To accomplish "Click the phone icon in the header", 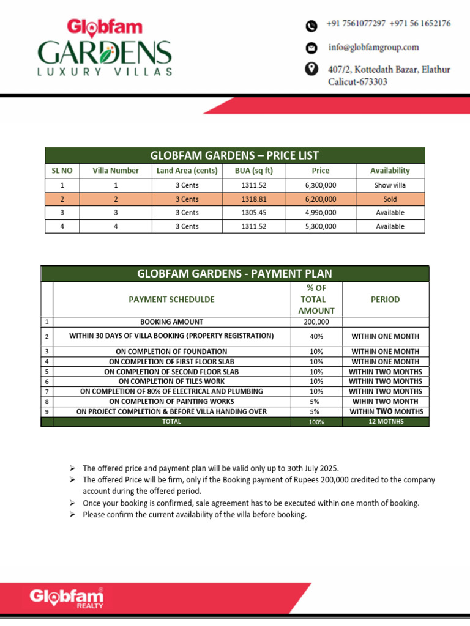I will (x=311, y=26).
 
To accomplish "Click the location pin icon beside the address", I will (x=311, y=68).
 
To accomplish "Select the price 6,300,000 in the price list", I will (x=320, y=185).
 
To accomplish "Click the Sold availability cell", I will (x=390, y=199).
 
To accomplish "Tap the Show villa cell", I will (x=390, y=185).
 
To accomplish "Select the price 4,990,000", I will (x=320, y=213).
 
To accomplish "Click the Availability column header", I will (x=390, y=171).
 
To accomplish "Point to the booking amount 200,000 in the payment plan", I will (x=316, y=322).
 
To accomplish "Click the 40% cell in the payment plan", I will (x=316, y=336).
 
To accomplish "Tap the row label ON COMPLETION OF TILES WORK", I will (x=171, y=381).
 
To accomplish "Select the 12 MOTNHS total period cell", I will (x=386, y=422).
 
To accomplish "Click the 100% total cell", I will (x=316, y=422).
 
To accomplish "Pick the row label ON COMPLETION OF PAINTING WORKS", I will (x=171, y=402).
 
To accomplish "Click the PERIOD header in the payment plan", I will (x=386, y=300).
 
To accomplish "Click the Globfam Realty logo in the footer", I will (x=67, y=597).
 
